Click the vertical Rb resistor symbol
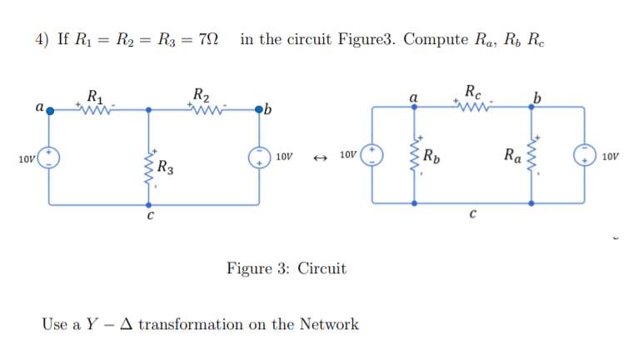[415, 154]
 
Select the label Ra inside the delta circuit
[512, 153]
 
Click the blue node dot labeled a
[49, 109]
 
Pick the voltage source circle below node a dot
[49, 156]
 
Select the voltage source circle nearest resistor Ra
[581, 156]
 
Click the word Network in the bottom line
[328, 323]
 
